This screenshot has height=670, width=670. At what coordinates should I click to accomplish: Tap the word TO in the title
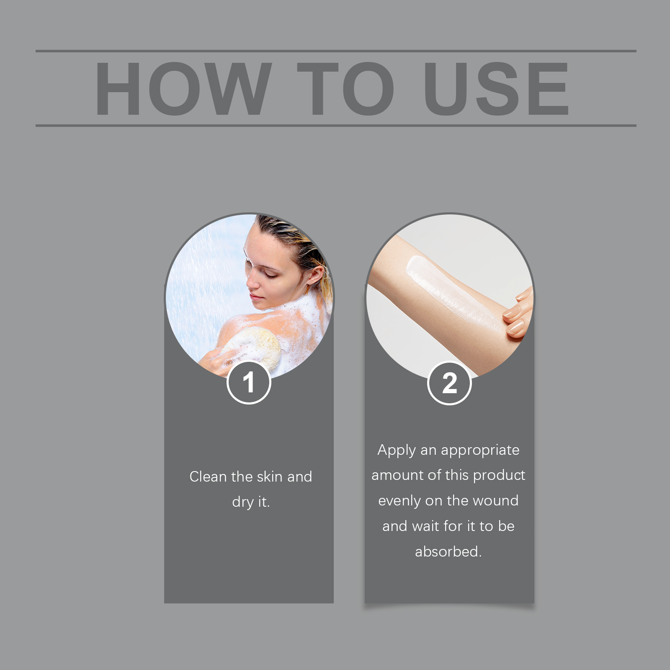pos(346,88)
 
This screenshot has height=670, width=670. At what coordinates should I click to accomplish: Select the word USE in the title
pos(497,88)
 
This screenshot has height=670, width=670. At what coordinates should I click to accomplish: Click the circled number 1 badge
pos(249,382)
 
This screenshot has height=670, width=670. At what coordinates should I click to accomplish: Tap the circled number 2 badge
pos(449,383)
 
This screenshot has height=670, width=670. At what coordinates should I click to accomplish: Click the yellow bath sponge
pos(253,347)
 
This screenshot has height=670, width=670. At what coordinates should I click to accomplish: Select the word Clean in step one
pos(209,477)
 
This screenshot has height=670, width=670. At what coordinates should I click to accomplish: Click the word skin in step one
pos(270,477)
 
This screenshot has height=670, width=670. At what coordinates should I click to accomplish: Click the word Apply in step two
pos(397,451)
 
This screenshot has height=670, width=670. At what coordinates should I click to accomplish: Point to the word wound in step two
pos(495,501)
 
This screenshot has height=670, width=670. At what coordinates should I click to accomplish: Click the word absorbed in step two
pos(448,551)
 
